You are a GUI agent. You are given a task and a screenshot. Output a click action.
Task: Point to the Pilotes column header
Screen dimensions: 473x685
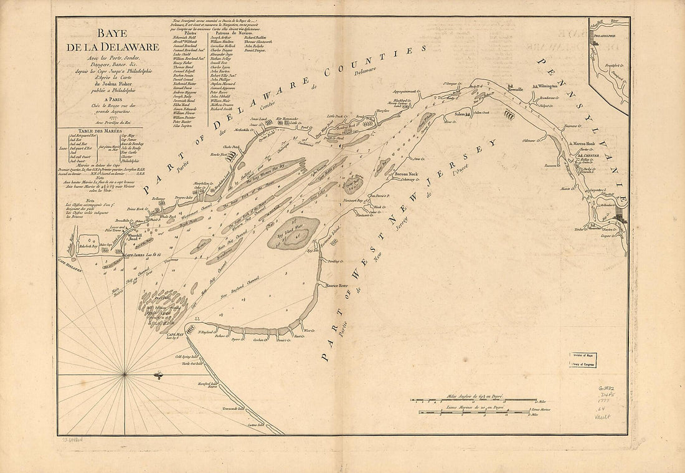187,32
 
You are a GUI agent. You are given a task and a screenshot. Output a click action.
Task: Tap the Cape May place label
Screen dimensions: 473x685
175,335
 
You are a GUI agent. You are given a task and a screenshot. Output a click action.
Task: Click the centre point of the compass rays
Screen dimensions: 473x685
125,374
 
